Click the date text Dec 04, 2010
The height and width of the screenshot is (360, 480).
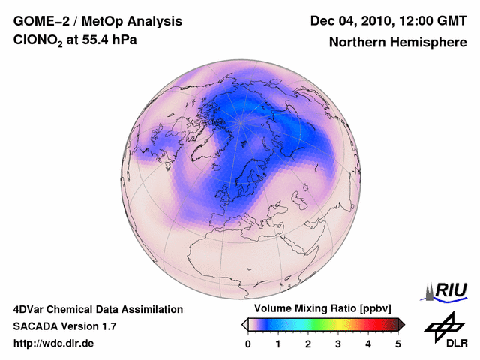click(349, 20)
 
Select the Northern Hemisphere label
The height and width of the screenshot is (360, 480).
click(397, 42)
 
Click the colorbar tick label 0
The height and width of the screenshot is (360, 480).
click(248, 343)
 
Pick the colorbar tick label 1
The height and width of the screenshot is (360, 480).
click(278, 343)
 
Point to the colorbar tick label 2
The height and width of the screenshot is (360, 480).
click(308, 343)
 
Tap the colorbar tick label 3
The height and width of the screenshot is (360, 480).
click(338, 343)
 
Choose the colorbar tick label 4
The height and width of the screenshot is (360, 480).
click(368, 343)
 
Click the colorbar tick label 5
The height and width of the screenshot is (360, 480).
click(398, 343)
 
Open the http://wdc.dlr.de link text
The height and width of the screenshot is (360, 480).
click(54, 343)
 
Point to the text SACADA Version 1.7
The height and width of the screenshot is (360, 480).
click(64, 326)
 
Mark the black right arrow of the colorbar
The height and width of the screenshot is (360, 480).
click(401, 324)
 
